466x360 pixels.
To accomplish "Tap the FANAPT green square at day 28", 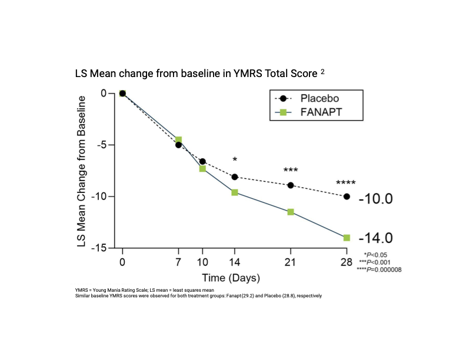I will coord(347,238).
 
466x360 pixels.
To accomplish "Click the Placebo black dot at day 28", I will coord(347,196).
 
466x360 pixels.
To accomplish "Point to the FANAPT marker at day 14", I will coord(235,192).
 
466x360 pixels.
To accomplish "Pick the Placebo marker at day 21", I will coord(291,185).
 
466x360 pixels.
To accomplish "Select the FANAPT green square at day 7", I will coord(178,140).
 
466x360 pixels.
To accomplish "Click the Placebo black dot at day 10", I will coord(202,161).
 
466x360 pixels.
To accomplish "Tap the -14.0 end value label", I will coord(375,238).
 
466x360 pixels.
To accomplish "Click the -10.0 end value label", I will coord(375,198).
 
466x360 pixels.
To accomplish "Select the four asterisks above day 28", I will coord(345,183).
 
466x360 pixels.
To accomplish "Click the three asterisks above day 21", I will coord(291,171).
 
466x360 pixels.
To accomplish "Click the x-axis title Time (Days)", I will coord(231,277).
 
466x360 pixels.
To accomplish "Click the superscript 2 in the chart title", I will coord(322,72).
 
